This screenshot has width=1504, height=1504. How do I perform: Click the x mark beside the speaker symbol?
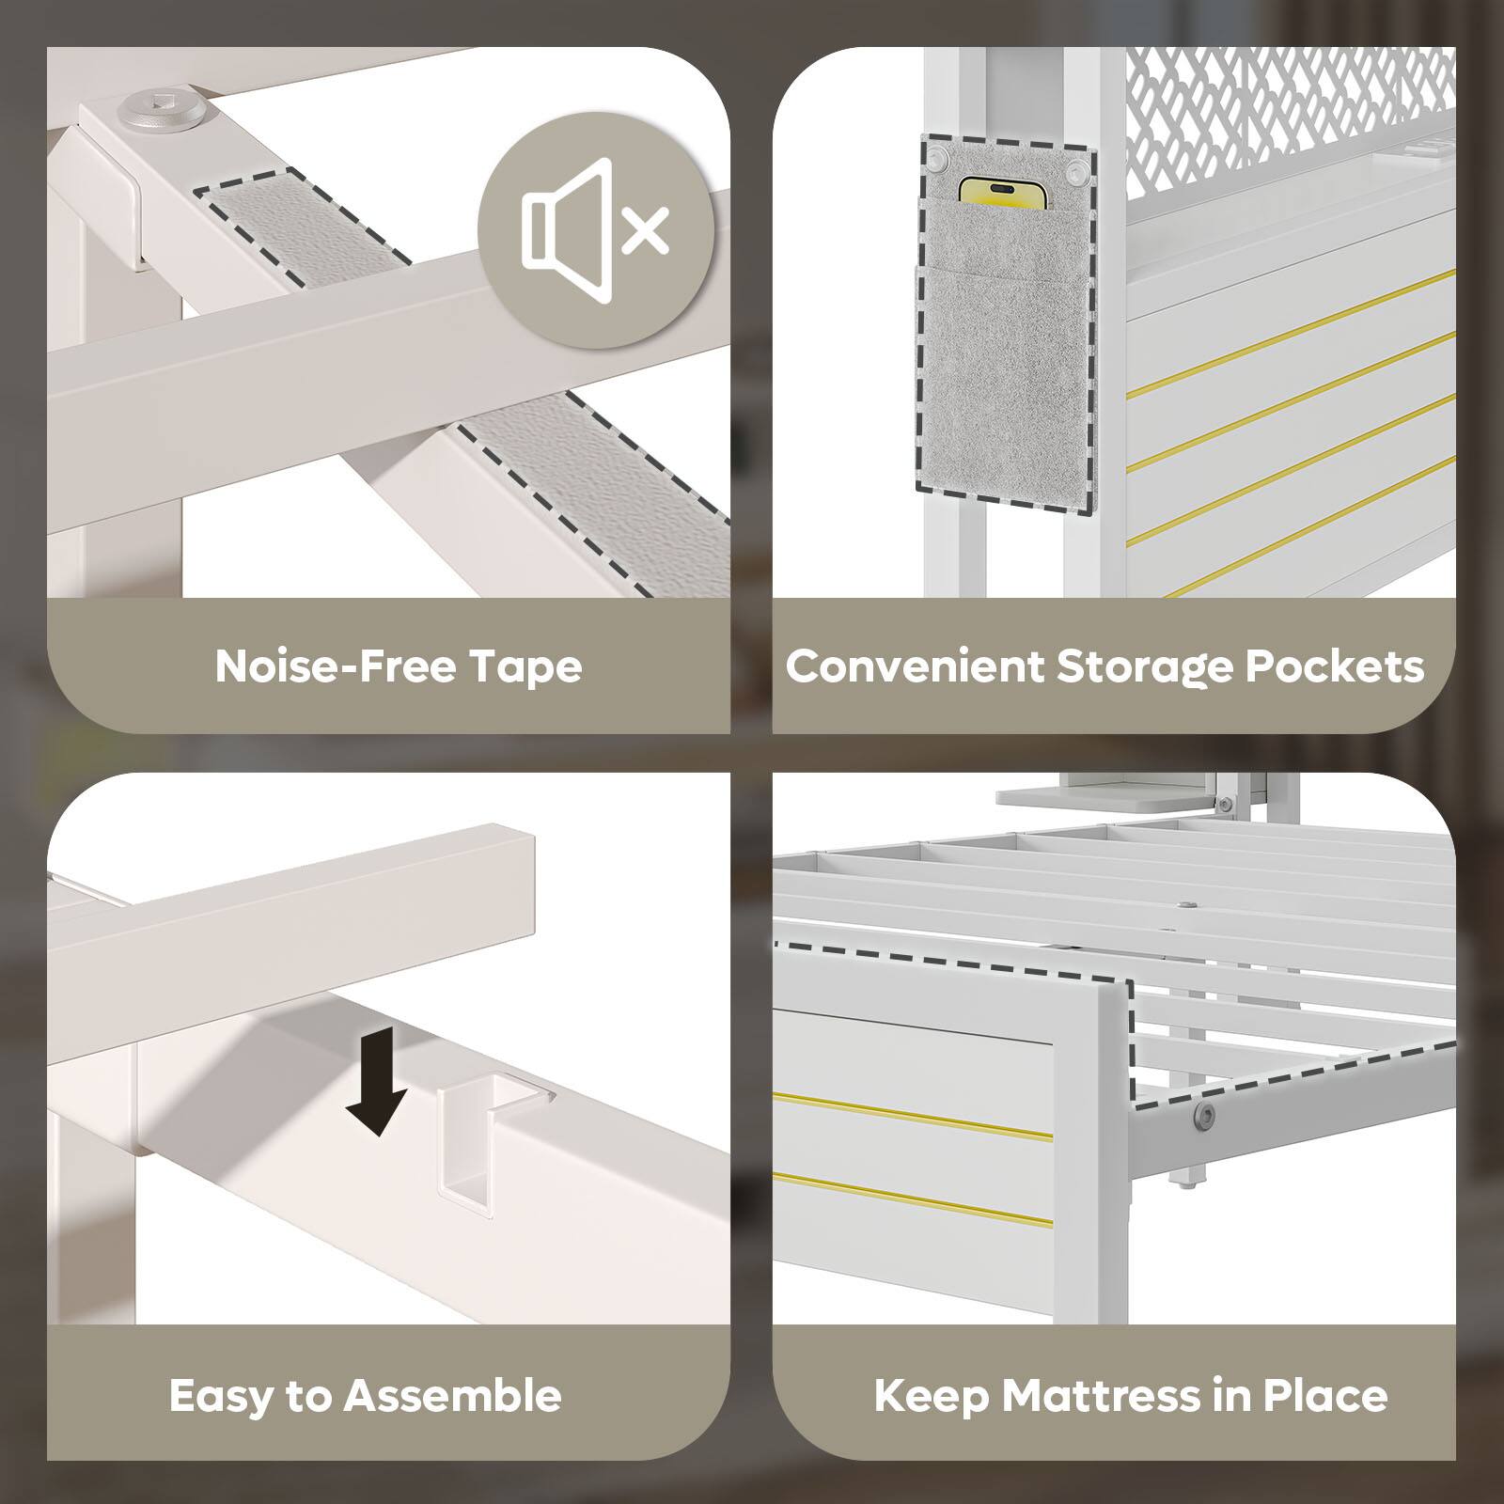(647, 229)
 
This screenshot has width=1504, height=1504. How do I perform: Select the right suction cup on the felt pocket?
(1074, 171)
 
